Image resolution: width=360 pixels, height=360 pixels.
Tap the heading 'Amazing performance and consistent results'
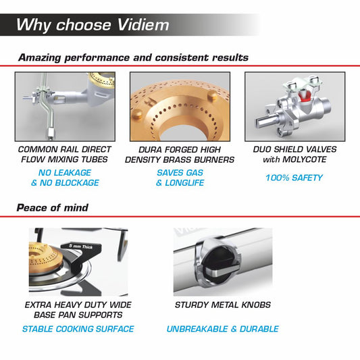click(x=133, y=57)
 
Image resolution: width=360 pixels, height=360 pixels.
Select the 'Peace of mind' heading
click(x=53, y=207)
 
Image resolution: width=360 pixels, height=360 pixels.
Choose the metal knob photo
click(x=223, y=260)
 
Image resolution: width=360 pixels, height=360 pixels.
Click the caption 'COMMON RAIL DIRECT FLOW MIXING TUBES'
click(x=65, y=154)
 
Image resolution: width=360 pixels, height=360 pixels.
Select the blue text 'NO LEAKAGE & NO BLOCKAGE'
click(x=65, y=178)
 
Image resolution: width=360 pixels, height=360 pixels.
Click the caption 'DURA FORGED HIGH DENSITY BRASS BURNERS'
click(x=180, y=154)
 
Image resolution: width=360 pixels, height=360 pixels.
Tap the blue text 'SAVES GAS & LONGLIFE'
click(x=180, y=178)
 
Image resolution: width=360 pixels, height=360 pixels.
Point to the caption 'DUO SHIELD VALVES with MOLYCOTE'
click(x=294, y=154)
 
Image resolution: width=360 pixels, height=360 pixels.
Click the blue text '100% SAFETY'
click(x=294, y=178)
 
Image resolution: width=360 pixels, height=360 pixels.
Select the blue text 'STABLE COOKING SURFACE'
click(x=78, y=329)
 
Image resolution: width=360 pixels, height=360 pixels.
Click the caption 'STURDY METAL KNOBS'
click(x=223, y=305)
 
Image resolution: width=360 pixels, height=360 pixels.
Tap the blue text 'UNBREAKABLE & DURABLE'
click(x=223, y=329)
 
